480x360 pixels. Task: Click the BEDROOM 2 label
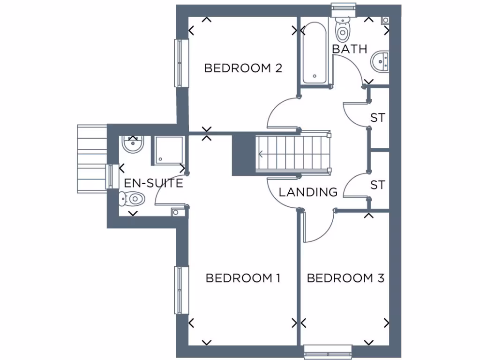point(243,68)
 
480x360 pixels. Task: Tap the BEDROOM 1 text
point(243,278)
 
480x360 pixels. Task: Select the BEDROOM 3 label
point(345,278)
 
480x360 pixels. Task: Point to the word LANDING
point(308,192)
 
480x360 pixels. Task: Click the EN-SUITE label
point(153,183)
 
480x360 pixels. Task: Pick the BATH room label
point(349,49)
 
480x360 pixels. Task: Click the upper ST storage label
point(377,118)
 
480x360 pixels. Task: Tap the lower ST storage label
point(377,185)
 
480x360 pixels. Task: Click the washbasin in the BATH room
point(381,61)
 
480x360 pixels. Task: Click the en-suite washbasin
point(133,144)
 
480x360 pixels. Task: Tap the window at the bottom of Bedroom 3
point(328,351)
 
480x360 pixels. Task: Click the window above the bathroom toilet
point(343,7)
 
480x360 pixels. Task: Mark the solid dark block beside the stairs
point(243,154)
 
